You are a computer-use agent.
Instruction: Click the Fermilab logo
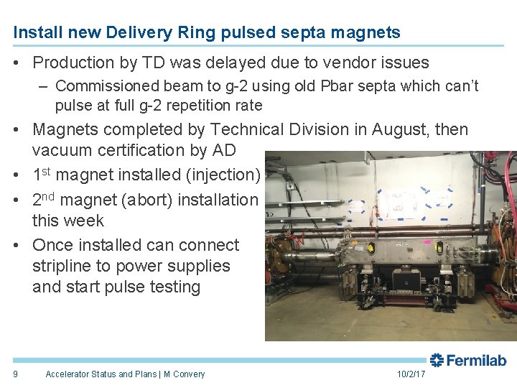pos(468,360)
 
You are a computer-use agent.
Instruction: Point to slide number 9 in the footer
pos(16,374)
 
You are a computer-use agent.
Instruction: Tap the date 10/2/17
pos(411,374)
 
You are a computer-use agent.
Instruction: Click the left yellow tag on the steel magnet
pos(371,248)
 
